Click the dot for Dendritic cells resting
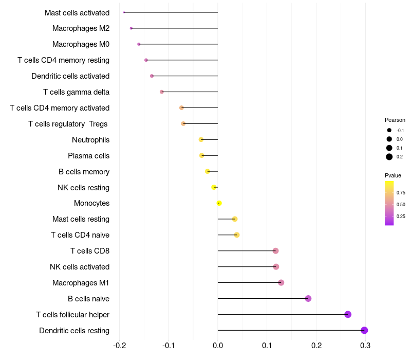(x=364, y=330)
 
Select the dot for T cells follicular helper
(x=348, y=314)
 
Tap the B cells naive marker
(x=308, y=298)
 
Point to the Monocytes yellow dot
(x=219, y=203)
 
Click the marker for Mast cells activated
(x=124, y=12)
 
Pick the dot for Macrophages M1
(x=281, y=282)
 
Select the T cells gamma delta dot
(x=162, y=92)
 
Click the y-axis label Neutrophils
(x=90, y=140)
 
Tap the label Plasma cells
(x=88, y=156)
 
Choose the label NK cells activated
(x=80, y=267)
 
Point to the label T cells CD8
(x=90, y=251)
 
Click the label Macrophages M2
(x=81, y=28)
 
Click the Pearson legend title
(x=395, y=120)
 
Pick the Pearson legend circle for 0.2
(x=389, y=157)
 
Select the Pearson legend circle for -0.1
(x=389, y=131)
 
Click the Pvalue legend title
(x=393, y=175)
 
